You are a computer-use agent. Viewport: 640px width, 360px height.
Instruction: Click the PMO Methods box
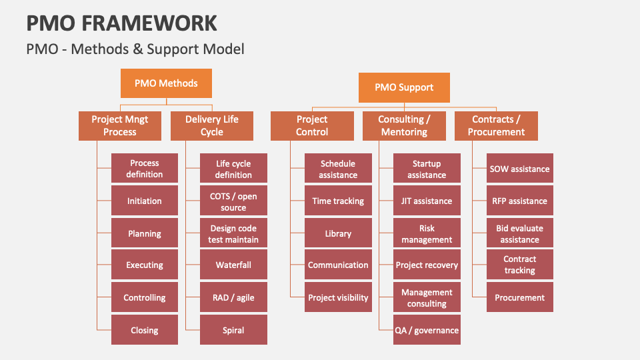pyautogui.click(x=166, y=83)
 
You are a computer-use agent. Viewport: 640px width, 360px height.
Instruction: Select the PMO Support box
pyautogui.click(x=404, y=87)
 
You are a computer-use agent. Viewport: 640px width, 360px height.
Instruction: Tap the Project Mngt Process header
pyautogui.click(x=120, y=125)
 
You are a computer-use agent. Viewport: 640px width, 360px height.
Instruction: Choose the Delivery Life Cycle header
pyautogui.click(x=212, y=125)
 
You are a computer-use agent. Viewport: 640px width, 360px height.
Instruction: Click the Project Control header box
pyautogui.click(x=312, y=125)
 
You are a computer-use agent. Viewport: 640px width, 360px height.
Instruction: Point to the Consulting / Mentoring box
pyautogui.click(x=404, y=125)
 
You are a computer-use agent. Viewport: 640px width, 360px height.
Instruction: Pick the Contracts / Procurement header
pyautogui.click(x=496, y=125)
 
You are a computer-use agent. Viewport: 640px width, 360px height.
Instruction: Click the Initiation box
pyautogui.click(x=145, y=201)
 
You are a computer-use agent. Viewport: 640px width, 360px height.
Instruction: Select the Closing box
pyautogui.click(x=145, y=330)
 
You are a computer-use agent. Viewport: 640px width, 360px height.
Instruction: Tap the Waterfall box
pyautogui.click(x=233, y=265)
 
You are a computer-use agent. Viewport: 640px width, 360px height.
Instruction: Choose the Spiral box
pyautogui.click(x=233, y=330)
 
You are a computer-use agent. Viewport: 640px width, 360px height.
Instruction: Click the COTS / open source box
pyautogui.click(x=233, y=201)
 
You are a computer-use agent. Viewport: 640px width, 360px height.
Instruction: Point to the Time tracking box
pyautogui.click(x=338, y=201)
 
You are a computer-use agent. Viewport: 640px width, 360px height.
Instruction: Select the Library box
pyautogui.click(x=338, y=233)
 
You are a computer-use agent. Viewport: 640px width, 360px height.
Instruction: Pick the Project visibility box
pyautogui.click(x=338, y=297)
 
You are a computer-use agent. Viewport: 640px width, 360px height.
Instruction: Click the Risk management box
pyautogui.click(x=427, y=233)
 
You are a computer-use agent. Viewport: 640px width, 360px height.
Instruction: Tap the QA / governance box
pyautogui.click(x=427, y=330)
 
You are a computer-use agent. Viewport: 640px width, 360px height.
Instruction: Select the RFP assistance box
pyautogui.click(x=519, y=201)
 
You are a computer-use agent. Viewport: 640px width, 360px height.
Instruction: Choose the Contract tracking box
pyautogui.click(x=519, y=265)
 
